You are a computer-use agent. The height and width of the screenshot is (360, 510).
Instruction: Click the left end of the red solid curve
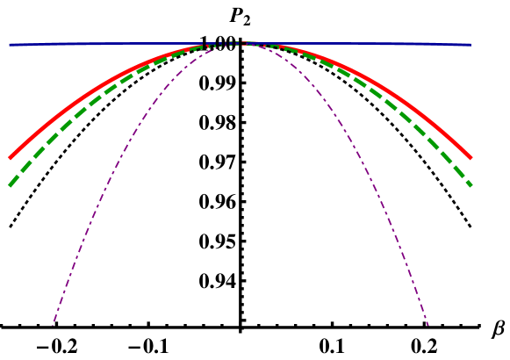(10, 158)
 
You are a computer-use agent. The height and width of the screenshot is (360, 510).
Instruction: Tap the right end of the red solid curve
(471, 158)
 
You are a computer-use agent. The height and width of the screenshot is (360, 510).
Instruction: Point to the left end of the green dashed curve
(10, 185)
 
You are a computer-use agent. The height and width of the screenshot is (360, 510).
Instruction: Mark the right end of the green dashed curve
(471, 185)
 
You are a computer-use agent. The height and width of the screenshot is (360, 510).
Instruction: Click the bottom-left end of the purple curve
(53, 325)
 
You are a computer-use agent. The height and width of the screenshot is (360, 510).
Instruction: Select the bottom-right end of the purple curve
(428, 325)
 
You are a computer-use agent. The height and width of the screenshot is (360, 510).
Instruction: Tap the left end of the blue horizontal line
(10, 44)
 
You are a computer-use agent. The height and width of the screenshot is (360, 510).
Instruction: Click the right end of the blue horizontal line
(471, 44)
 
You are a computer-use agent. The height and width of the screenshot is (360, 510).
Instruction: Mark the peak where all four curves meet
(240, 42)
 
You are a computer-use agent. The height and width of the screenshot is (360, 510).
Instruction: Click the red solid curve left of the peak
(88, 92)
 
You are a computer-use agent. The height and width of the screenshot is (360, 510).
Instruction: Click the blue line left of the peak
(114, 43)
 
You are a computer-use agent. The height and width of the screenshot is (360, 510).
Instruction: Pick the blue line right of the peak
(369, 43)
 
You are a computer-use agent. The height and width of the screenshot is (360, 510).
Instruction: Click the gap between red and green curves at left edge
(12, 170)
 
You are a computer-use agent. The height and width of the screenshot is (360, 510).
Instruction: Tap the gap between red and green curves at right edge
(469, 170)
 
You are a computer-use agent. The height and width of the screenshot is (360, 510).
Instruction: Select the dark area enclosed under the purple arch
(240, 220)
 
